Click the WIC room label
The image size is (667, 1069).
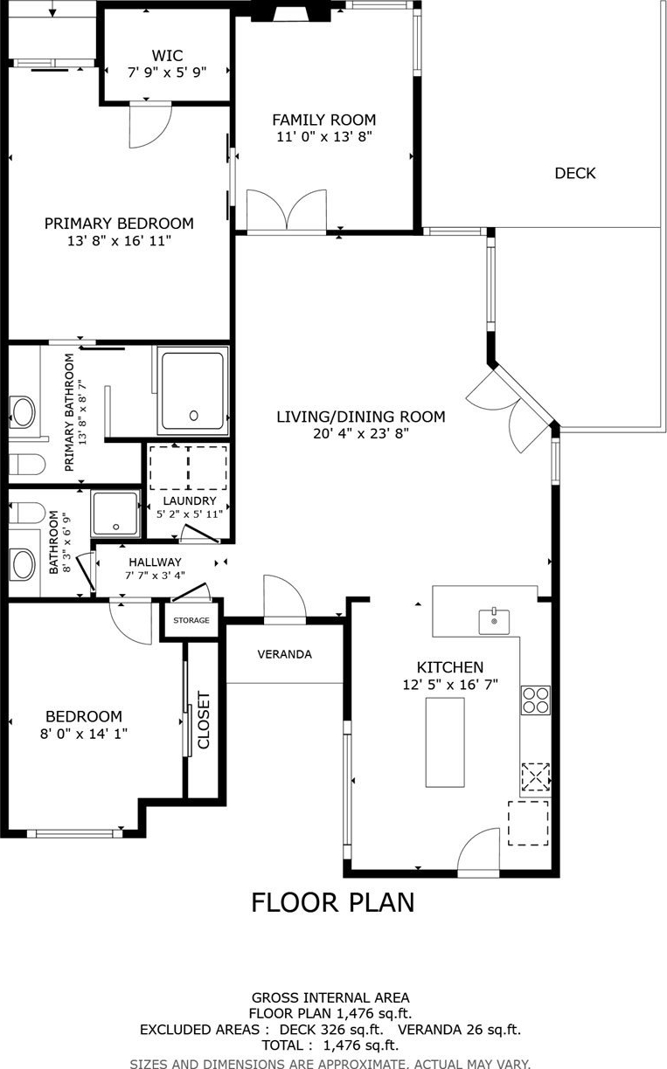point(167,55)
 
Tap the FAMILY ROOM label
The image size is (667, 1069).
point(324,120)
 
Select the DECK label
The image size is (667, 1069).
point(575,173)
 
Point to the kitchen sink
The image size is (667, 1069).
point(494,622)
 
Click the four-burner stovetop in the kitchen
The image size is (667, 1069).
point(536,700)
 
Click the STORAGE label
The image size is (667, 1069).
point(191,620)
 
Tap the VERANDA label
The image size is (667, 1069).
point(284,654)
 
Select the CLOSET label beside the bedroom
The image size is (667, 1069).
point(204,721)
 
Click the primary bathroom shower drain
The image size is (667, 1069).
point(193,415)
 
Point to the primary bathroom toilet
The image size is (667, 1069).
point(27,465)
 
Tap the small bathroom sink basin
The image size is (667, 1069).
point(24,564)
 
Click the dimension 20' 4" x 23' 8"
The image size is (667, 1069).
point(361,434)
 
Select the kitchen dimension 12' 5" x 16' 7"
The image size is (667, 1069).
point(450,685)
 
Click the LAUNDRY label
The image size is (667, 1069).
point(190,500)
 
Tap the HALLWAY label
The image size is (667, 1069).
point(155,562)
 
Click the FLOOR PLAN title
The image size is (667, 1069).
point(333,902)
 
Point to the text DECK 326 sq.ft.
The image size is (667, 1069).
point(331,1030)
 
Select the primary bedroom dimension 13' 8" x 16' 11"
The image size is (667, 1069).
point(119,240)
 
